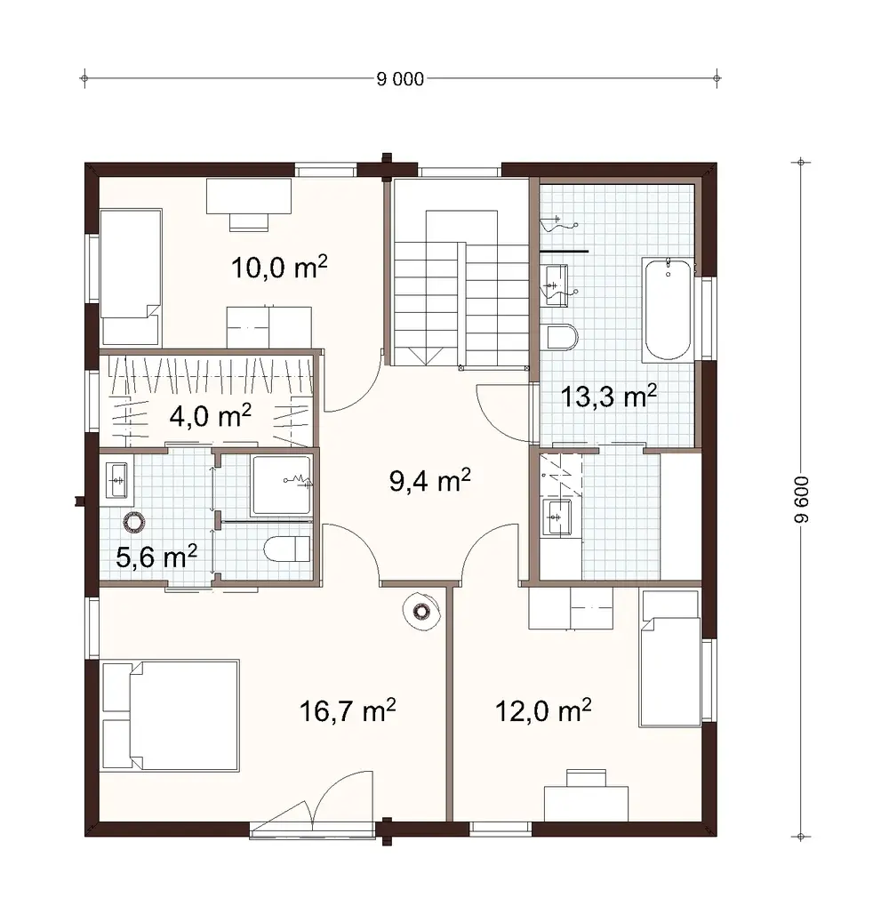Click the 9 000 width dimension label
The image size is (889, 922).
pos(401,79)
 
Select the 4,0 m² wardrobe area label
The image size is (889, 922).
pos(210,414)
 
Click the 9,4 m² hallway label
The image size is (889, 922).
pos(429,482)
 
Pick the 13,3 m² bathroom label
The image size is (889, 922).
pos(609,396)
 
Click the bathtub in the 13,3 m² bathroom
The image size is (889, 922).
pos(668,309)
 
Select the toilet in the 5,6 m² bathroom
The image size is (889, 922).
pos(286,549)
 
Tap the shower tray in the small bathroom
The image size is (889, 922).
pos(282,486)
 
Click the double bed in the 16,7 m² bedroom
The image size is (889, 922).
pos(171,715)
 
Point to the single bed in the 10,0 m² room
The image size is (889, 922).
pos(131,277)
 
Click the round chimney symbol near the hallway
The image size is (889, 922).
pos(420,611)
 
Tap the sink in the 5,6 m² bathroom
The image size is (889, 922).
pos(116,482)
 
